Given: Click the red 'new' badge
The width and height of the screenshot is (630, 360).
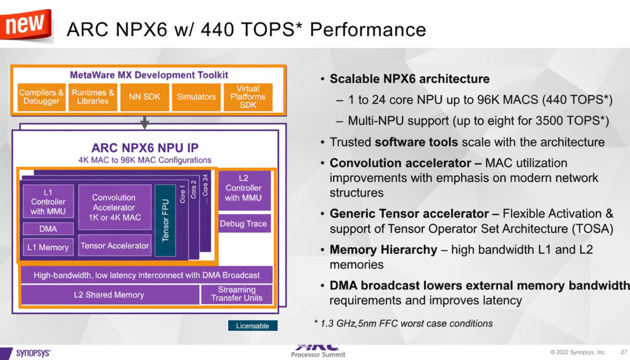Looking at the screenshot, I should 26,24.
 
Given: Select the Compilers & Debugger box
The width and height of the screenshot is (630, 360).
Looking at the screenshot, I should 41,97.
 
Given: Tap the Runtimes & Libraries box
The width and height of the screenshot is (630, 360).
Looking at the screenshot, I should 93,97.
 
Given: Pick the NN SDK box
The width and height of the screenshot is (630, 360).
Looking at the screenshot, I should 144,97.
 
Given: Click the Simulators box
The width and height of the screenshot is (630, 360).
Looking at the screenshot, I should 196,97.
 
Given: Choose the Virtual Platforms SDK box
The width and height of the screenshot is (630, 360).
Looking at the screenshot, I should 248,97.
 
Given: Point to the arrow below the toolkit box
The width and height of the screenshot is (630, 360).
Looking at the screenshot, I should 144,122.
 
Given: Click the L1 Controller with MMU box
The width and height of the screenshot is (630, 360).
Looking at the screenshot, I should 48,202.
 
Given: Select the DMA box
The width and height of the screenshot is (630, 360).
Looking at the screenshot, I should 48,229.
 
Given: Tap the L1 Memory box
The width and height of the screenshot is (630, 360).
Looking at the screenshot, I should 48,247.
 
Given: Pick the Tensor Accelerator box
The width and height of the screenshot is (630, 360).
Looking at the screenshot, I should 115,246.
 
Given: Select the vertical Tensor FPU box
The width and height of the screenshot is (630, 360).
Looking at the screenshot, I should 165,220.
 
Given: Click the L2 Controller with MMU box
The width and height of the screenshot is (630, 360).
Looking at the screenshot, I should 244,188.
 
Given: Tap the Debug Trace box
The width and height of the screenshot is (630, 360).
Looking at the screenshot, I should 244,224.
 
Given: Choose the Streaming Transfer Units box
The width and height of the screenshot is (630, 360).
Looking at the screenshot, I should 237,294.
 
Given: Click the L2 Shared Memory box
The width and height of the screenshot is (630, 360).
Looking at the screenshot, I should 109,295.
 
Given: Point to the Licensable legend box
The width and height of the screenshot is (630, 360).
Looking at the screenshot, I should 253,326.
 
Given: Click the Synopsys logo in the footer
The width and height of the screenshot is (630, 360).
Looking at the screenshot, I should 33,353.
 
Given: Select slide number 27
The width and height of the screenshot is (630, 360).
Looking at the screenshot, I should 624,352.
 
